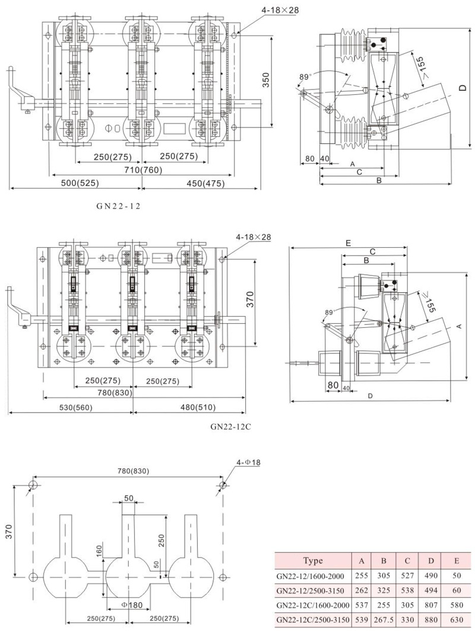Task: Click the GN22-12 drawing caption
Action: [x=118, y=206]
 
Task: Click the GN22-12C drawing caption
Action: [x=230, y=426]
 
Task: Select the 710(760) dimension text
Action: [x=142, y=170]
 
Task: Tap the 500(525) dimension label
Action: [x=80, y=183]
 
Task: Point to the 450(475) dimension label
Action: [x=205, y=183]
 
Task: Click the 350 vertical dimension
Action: [x=265, y=80]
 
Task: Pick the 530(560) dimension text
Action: [x=75, y=407]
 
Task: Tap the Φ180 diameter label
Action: [x=132, y=605]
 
